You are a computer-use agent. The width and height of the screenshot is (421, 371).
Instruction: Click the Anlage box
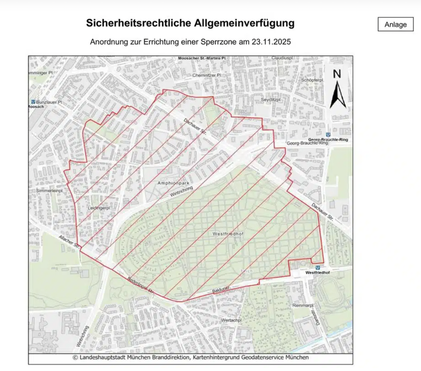pyautogui.click(x=396, y=25)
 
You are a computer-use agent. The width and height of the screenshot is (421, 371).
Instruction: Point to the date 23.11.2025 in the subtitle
pyautogui.click(x=271, y=42)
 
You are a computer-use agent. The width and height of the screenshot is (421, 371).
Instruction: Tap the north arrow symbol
pyautogui.click(x=337, y=91)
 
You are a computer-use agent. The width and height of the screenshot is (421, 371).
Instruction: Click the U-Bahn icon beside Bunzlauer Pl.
pyautogui.click(x=33, y=102)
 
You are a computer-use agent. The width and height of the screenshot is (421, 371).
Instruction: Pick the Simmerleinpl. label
pyautogui.click(x=49, y=190)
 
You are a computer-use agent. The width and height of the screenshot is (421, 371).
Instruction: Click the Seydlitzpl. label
pyautogui.click(x=271, y=100)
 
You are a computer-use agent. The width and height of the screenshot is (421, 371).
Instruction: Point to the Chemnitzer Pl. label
pyautogui.click(x=207, y=75)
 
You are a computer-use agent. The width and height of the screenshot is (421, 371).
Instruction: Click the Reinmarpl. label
pyautogui.click(x=302, y=305)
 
